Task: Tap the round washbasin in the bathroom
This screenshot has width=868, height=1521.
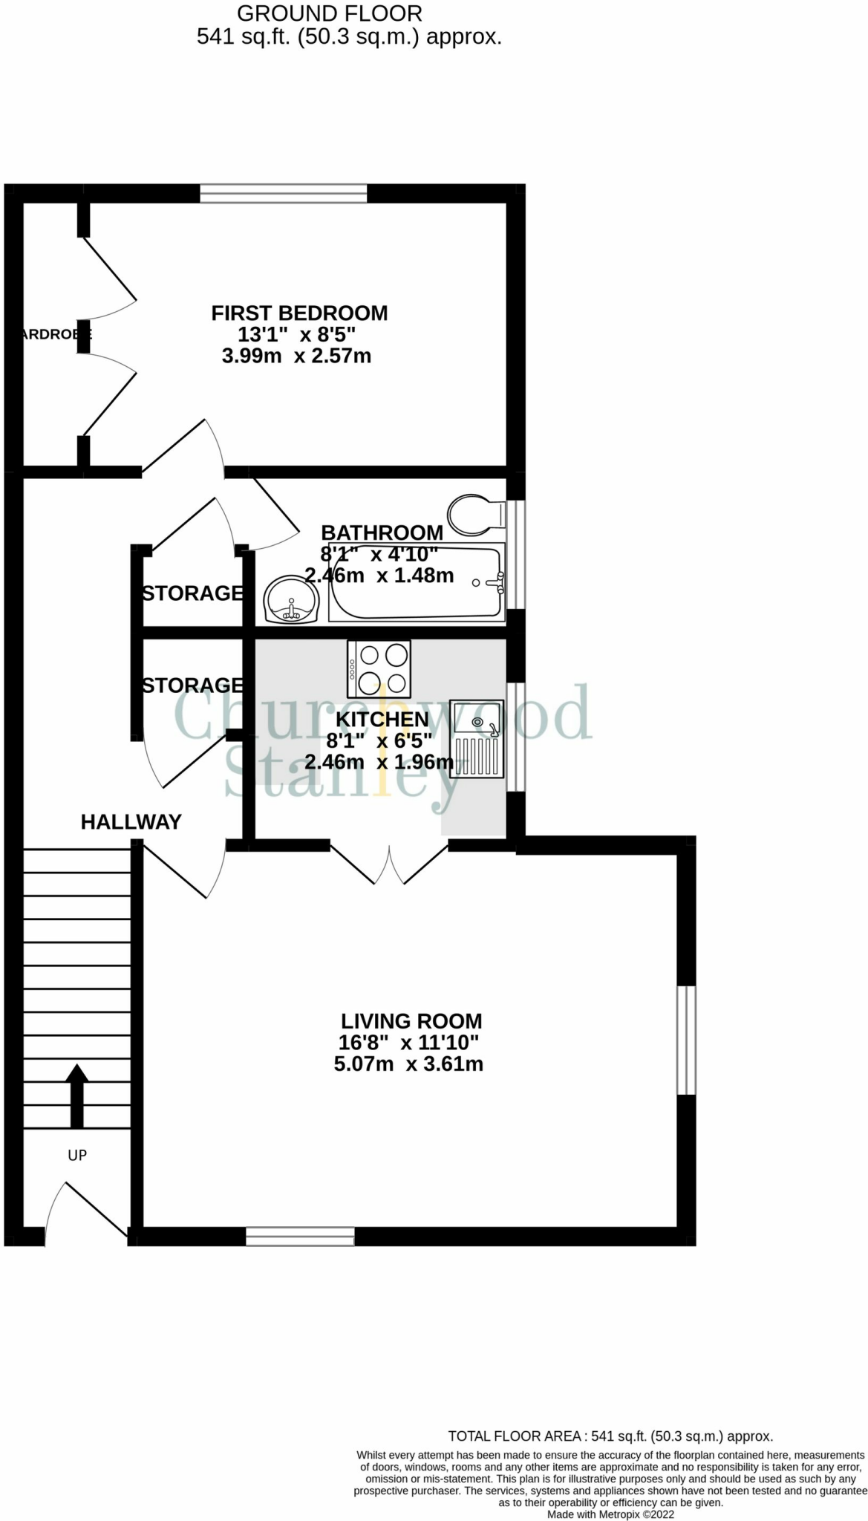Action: (292, 600)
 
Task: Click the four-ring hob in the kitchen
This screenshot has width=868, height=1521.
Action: (379, 668)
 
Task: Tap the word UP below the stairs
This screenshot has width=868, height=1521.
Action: (77, 1155)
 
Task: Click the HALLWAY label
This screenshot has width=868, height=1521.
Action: (131, 822)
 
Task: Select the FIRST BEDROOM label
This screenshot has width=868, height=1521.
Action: (299, 313)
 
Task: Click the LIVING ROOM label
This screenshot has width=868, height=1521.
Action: (411, 1021)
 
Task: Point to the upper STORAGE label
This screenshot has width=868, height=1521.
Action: (192, 593)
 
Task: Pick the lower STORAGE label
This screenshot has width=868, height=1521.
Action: (192, 685)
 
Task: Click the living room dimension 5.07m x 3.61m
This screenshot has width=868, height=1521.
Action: (408, 1064)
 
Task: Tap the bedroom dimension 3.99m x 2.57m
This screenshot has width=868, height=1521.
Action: (296, 356)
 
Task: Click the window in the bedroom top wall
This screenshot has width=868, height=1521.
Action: (284, 194)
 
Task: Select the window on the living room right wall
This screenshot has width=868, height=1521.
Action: (686, 1040)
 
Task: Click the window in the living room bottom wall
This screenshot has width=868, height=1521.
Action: (300, 1237)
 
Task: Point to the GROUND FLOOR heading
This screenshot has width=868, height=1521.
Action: (329, 13)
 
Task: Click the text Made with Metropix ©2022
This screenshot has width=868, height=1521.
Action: (610, 1514)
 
